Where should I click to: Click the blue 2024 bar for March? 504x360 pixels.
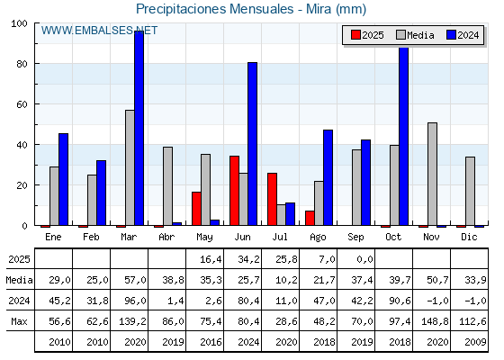click(139, 128)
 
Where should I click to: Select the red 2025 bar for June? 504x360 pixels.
click(234, 191)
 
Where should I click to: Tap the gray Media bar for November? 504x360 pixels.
click(432, 174)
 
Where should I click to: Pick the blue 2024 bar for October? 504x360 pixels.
click(404, 136)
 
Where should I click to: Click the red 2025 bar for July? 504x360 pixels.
click(272, 199)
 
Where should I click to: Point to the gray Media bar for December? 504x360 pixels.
click(470, 191)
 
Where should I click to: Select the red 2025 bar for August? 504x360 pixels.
click(310, 218)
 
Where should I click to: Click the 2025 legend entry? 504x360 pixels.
click(367, 35)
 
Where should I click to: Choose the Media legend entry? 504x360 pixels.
click(415, 35)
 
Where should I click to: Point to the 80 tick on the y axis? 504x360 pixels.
click(22, 64)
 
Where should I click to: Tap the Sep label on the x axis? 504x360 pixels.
click(355, 237)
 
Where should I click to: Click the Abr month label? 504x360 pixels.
click(166, 237)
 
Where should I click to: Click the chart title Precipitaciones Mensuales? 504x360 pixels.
click(215, 9)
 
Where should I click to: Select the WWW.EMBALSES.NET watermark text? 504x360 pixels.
click(99, 31)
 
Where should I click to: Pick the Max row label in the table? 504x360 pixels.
click(19, 321)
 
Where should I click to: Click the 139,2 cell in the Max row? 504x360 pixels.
click(132, 321)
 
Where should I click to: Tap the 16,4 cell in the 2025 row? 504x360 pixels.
click(211, 259)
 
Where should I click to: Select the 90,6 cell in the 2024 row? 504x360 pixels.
click(400, 301)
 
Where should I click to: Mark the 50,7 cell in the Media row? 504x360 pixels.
click(437, 280)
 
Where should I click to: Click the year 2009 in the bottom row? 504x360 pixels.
click(475, 342)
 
